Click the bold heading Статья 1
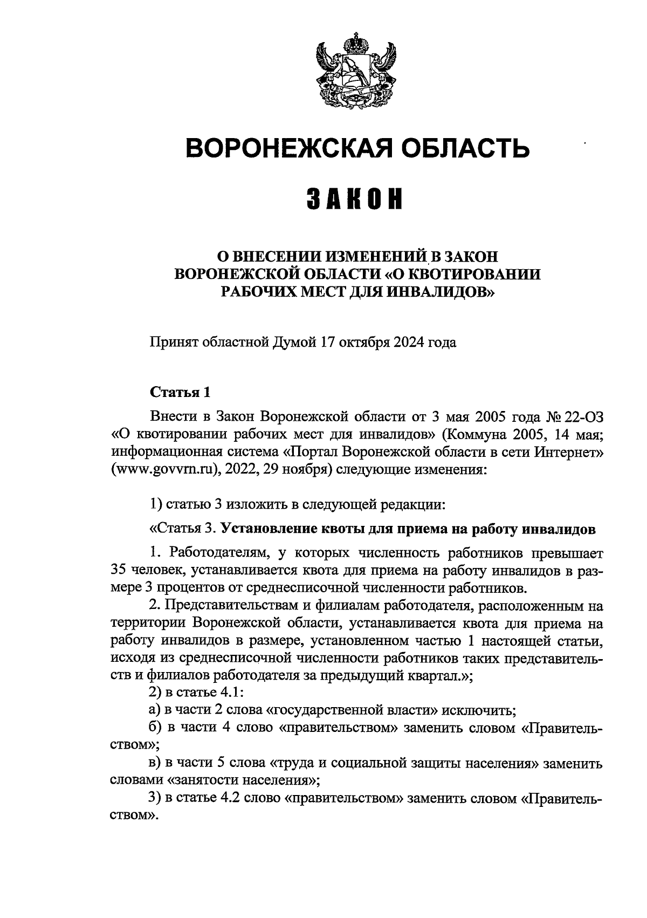(179, 392)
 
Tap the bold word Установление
(261, 530)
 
